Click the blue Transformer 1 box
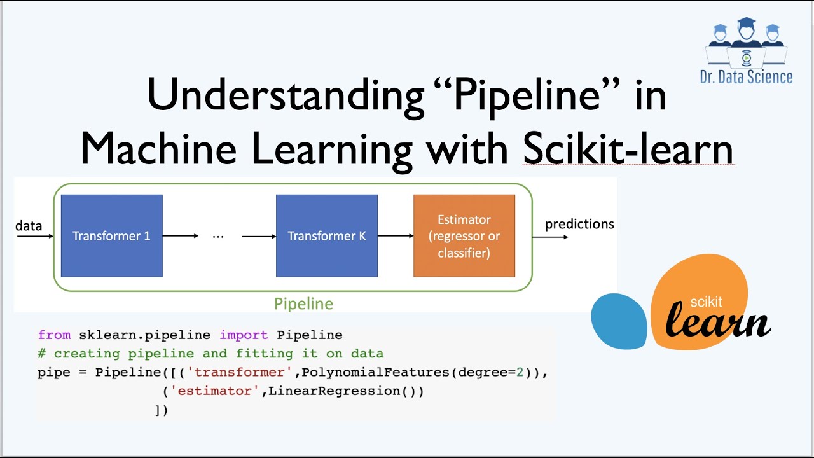tap(111, 236)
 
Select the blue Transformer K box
tap(326, 236)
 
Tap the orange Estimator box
tap(464, 236)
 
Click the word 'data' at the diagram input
tap(29, 226)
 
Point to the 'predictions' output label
tap(579, 224)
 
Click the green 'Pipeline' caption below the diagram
tap(303, 304)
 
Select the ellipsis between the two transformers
tap(218, 236)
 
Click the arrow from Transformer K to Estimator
tap(396, 236)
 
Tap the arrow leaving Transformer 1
tap(181, 236)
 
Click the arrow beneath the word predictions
tap(550, 237)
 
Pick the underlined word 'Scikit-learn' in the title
tap(628, 149)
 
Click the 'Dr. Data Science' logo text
tap(746, 77)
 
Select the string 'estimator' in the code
tap(216, 391)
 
